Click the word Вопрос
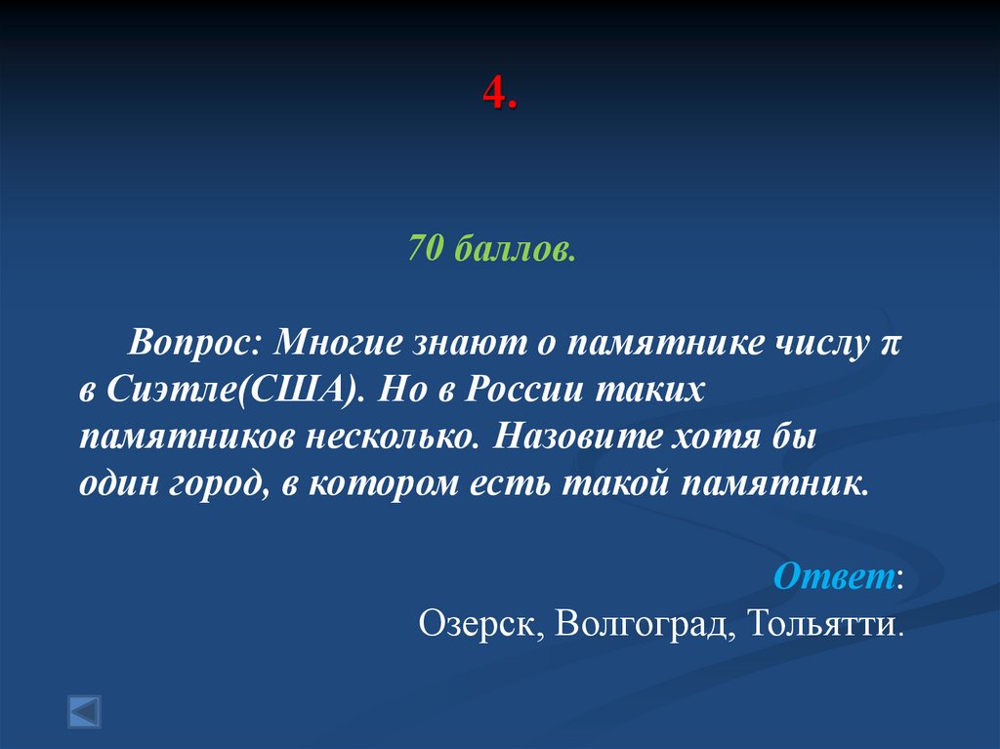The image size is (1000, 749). coord(196,344)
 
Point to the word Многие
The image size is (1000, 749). coord(341,344)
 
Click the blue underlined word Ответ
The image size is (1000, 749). coord(834,577)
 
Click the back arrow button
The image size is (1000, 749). coord(84,711)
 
